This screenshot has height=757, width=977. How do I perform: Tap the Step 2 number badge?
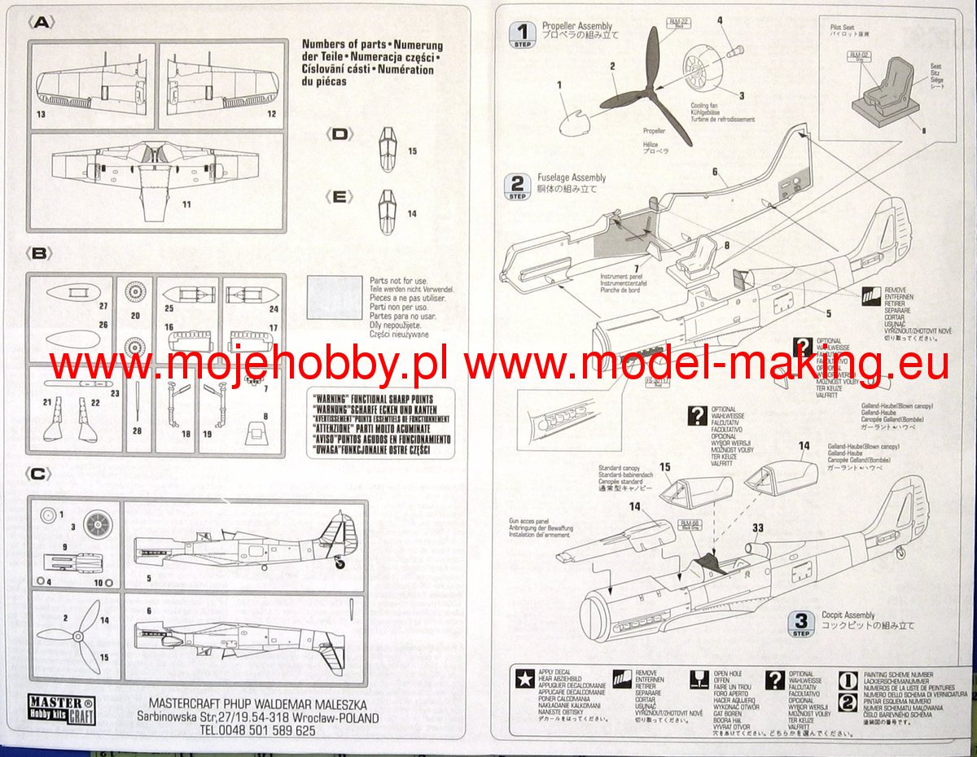(518, 185)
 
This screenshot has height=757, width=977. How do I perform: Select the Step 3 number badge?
(802, 623)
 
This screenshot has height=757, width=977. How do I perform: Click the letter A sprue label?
(41, 23)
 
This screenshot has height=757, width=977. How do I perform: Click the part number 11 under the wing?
(186, 203)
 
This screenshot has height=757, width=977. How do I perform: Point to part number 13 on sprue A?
(41, 114)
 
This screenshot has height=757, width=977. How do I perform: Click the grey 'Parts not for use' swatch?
(335, 298)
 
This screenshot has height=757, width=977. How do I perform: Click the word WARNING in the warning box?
(334, 399)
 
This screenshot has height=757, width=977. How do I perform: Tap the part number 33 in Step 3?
(757, 527)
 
